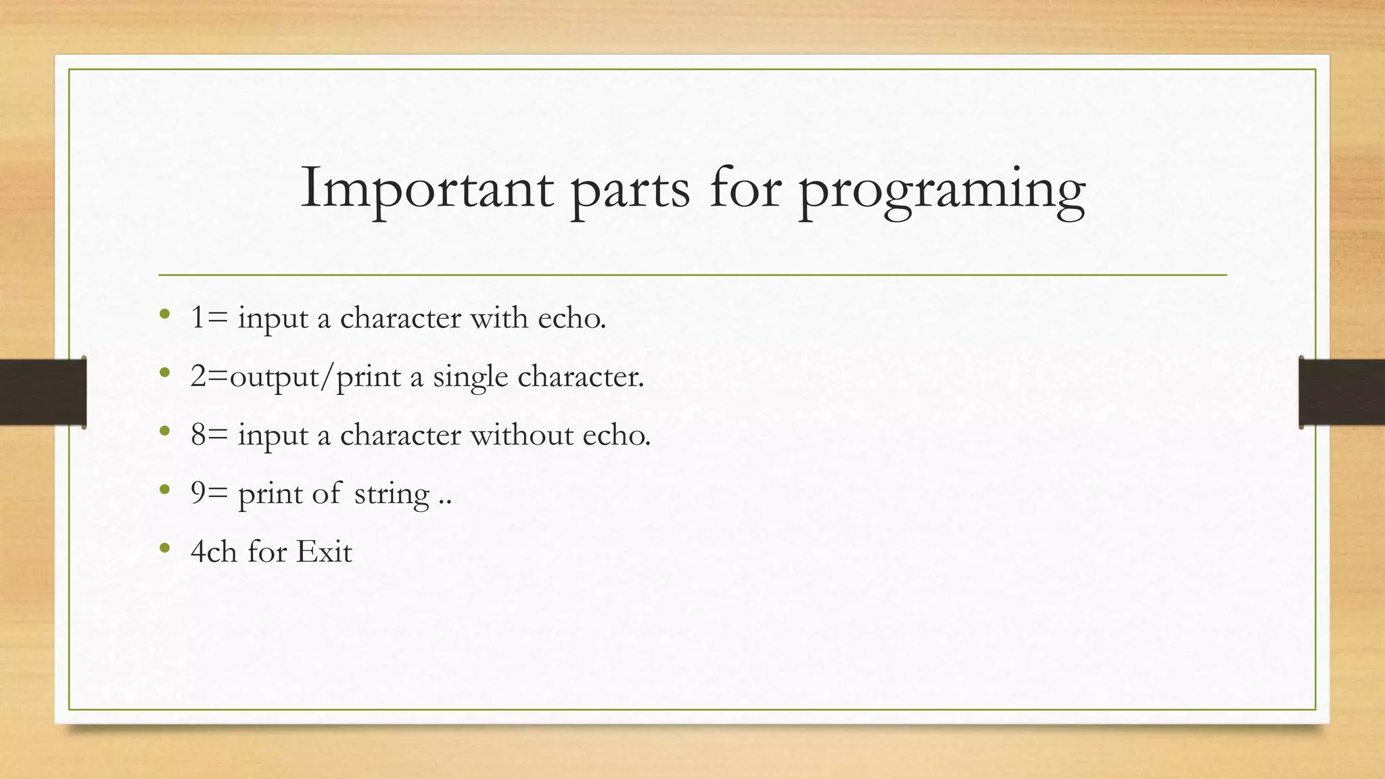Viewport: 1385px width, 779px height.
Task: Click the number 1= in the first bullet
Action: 208,318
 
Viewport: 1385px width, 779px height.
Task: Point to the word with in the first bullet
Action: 499,318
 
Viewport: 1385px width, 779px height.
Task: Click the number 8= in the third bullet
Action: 208,435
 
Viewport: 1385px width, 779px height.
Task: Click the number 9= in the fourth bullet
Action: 208,493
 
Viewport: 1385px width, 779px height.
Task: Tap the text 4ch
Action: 214,552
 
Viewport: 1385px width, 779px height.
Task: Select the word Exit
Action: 324,552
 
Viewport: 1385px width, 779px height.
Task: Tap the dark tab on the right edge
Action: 1342,392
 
